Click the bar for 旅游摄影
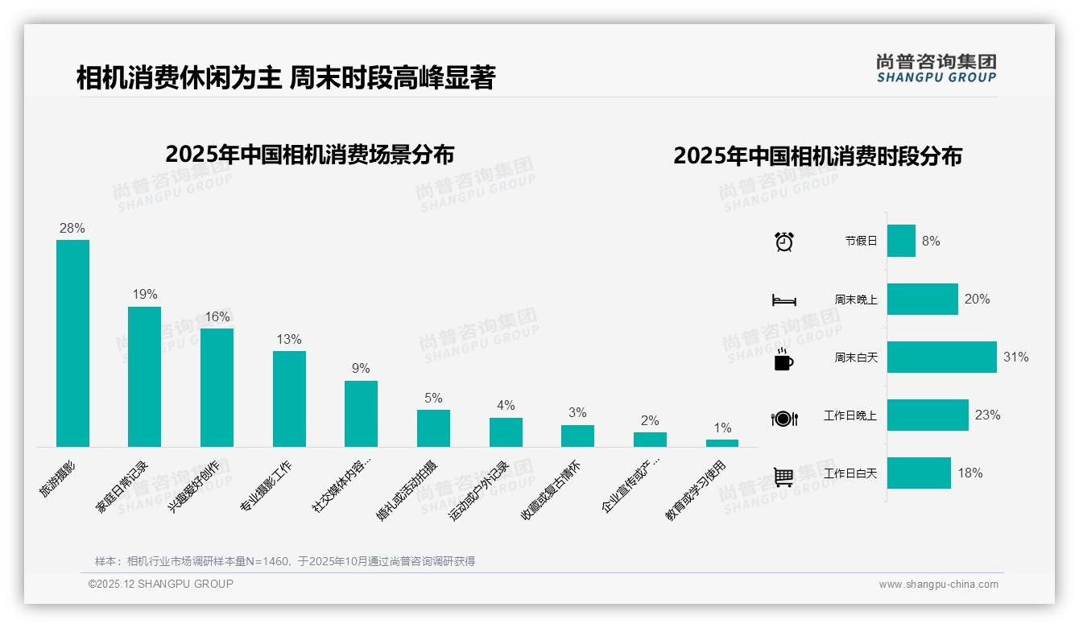[x=72, y=343]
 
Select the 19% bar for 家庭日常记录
[x=145, y=376]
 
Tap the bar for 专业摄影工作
[x=289, y=399]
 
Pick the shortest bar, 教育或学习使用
[x=722, y=443]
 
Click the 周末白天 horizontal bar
[x=941, y=357]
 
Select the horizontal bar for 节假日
[x=901, y=241]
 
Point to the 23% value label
[x=987, y=415]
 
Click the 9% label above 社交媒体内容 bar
[x=361, y=369]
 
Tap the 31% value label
[x=1015, y=357]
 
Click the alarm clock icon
[x=784, y=242]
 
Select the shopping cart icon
[x=783, y=477]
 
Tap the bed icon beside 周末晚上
[x=783, y=300]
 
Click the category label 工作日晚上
[x=850, y=415]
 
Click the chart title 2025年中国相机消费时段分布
[x=817, y=155]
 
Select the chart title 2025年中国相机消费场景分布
[x=310, y=154]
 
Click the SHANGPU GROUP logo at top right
[x=936, y=68]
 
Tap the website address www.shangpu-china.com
[x=938, y=585]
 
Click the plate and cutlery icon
[x=783, y=419]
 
